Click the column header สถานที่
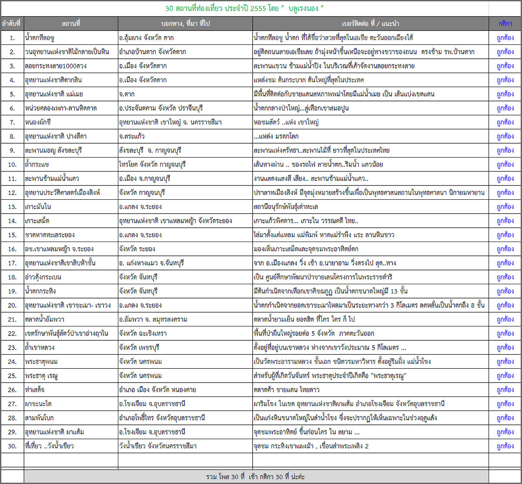click(71, 23)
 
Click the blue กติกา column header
click(505, 23)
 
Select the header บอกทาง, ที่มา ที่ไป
click(185, 23)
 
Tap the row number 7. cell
click(12, 122)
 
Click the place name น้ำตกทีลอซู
click(43, 38)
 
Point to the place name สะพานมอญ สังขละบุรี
click(54, 151)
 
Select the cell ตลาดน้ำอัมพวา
click(45, 319)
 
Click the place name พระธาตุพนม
click(42, 361)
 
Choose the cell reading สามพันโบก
click(40, 418)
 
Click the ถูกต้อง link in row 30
click(505, 446)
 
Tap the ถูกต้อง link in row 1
click(505, 38)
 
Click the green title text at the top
click(245, 9)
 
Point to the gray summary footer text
click(256, 477)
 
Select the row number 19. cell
click(12, 291)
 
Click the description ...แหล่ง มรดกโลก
click(276, 136)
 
